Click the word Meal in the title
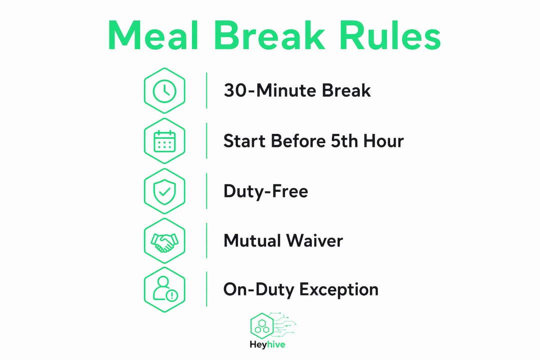pyautogui.click(x=153, y=35)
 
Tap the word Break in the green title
pyautogui.click(x=269, y=35)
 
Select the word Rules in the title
pyautogui.click(x=390, y=35)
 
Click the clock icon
pyautogui.click(x=164, y=91)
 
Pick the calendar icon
pyautogui.click(x=164, y=141)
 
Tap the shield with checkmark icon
pyautogui.click(x=164, y=191)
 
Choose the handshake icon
pyautogui.click(x=164, y=242)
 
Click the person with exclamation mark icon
pyautogui.click(x=165, y=289)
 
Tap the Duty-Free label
pyautogui.click(x=265, y=191)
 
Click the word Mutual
pyautogui.click(x=252, y=240)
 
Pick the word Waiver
pyautogui.click(x=314, y=240)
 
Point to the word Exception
pyautogui.click(x=339, y=289)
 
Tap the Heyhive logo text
pyautogui.click(x=267, y=344)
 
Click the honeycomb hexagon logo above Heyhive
pyautogui.click(x=262, y=326)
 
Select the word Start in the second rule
pyautogui.click(x=244, y=141)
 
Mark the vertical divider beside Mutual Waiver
pyautogui.click(x=206, y=240)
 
